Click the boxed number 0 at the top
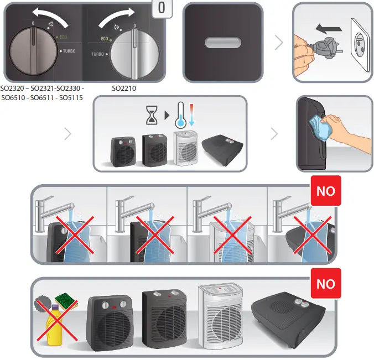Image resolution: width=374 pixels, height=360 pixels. click(x=161, y=9)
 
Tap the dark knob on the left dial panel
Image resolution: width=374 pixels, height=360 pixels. click(x=33, y=49)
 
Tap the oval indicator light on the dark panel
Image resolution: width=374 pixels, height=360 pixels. click(x=222, y=43)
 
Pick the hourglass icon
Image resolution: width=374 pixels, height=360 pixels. click(x=151, y=114)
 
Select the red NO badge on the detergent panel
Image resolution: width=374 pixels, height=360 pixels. click(x=326, y=284)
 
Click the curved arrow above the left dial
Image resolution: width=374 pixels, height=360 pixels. click(x=50, y=14)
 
